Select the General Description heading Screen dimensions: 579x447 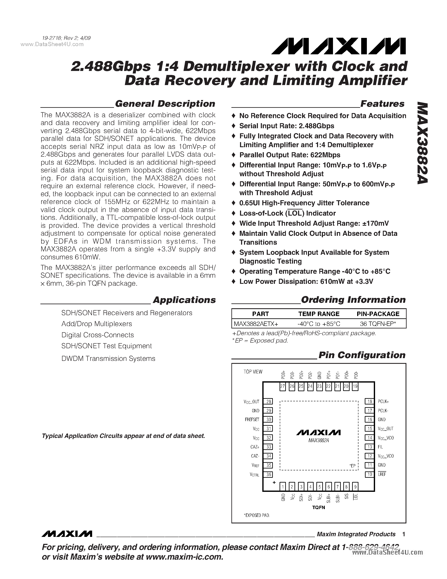(x=165, y=104)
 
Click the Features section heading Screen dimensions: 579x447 (x=382, y=104)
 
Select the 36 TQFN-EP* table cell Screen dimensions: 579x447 (x=378, y=324)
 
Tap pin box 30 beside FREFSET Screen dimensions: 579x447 (x=269, y=420)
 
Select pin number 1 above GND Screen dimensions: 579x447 (x=283, y=487)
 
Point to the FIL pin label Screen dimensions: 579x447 (x=380, y=447)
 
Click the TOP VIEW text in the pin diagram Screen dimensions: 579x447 (x=253, y=372)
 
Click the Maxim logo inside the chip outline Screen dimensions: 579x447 (x=318, y=433)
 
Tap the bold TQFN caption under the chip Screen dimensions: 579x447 (x=318, y=507)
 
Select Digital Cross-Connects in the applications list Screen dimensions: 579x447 (x=97, y=335)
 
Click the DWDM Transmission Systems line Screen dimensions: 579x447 (x=108, y=358)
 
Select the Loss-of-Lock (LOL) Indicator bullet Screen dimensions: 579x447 (x=287, y=213)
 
